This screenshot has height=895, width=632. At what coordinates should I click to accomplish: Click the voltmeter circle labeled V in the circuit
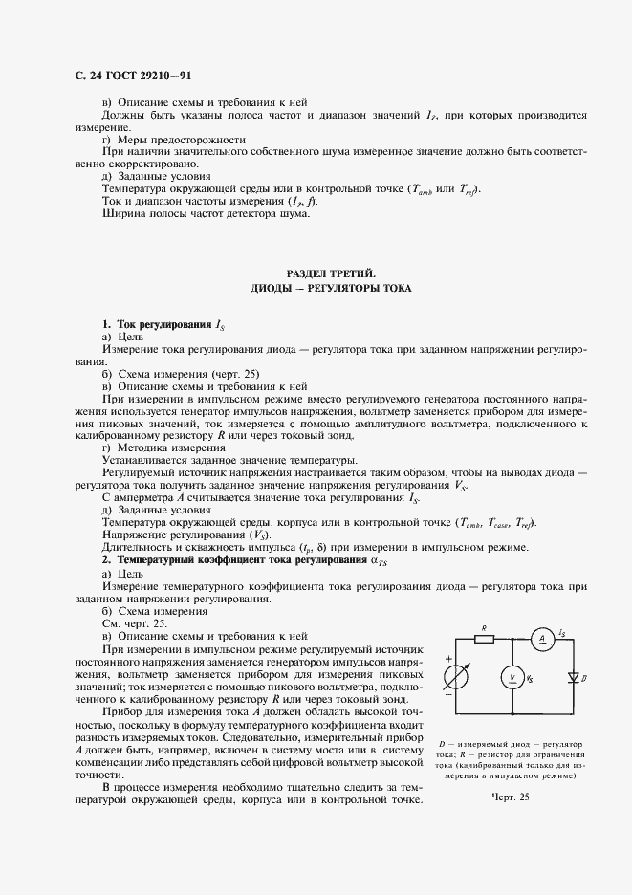(512, 677)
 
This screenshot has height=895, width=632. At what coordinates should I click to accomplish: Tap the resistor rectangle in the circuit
(485, 638)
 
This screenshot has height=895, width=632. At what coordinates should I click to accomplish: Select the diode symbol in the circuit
(574, 677)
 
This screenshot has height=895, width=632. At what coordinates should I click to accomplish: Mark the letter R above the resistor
(485, 627)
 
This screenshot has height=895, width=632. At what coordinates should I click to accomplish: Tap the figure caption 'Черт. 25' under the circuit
(510, 797)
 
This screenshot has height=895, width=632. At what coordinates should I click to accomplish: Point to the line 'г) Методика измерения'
(163, 447)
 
